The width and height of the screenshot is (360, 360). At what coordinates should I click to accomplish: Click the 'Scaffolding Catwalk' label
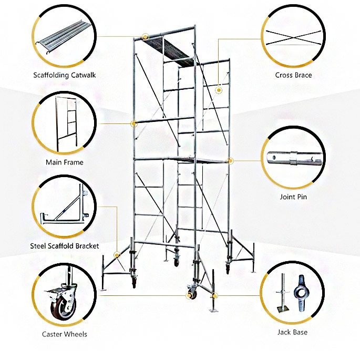click(x=65, y=75)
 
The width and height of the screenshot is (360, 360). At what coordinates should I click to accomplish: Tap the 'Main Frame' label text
click(x=65, y=162)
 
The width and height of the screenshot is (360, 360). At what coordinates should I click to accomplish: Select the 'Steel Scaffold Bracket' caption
click(x=65, y=246)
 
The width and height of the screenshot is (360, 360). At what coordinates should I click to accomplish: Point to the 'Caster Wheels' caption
click(x=65, y=334)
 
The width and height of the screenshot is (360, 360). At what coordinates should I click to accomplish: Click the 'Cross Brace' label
click(x=293, y=75)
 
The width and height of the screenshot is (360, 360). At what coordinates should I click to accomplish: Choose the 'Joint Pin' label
click(x=293, y=197)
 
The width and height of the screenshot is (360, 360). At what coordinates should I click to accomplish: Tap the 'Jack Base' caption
click(x=292, y=332)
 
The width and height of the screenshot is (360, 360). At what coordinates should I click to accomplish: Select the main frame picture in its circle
click(x=67, y=124)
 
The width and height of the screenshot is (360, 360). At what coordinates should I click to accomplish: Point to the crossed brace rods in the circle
click(x=293, y=37)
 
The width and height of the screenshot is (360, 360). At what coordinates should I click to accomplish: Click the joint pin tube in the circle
click(x=294, y=158)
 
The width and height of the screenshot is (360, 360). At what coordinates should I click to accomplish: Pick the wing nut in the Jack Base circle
click(x=301, y=293)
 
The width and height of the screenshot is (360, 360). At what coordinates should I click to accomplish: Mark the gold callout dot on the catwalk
click(x=146, y=36)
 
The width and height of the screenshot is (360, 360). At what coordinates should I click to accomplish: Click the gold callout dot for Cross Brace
click(x=219, y=90)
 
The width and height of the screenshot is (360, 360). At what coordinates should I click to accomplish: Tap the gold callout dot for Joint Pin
click(x=230, y=161)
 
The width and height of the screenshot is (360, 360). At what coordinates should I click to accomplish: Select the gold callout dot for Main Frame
click(x=133, y=124)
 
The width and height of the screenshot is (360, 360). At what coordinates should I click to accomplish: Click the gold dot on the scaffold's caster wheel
click(x=189, y=295)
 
